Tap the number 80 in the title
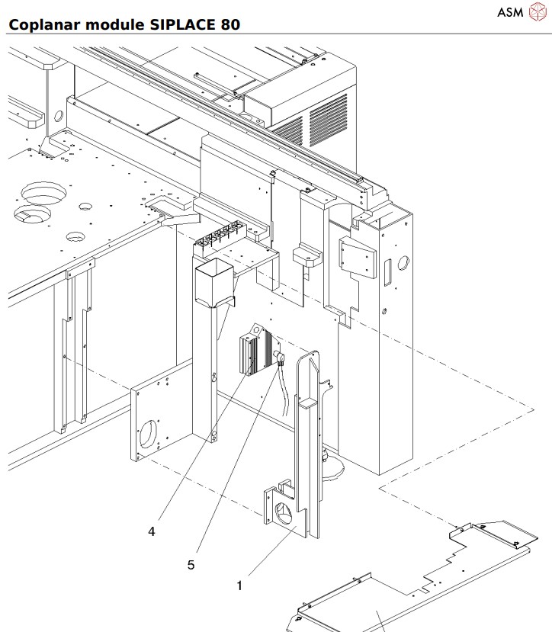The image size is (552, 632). tap(229, 24)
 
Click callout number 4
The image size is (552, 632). tap(152, 531)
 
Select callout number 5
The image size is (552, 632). tap(191, 565)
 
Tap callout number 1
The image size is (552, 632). tap(239, 585)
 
